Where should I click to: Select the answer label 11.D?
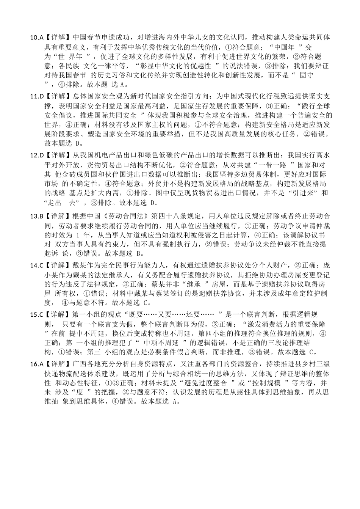click(x=36, y=96)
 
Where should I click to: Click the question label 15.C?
click(x=36, y=314)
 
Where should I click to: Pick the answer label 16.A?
click(x=36, y=364)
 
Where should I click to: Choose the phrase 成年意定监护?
click(x=292, y=294)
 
